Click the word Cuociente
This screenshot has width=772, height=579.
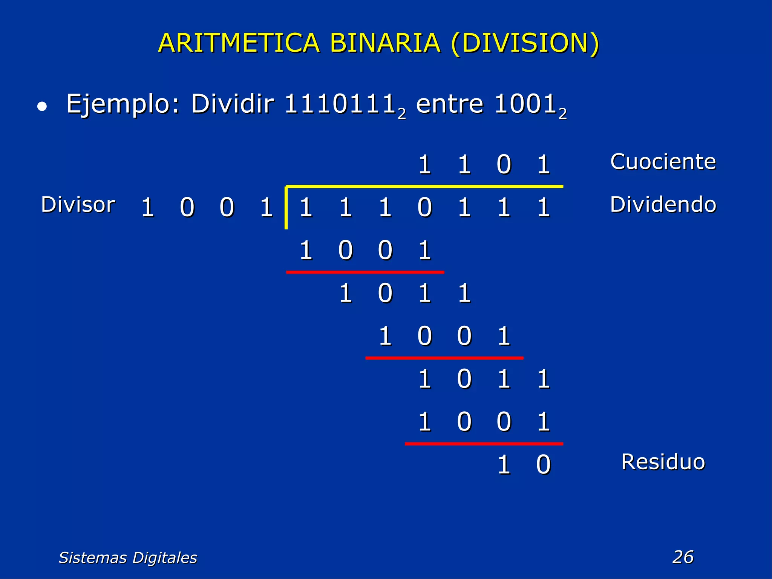[x=663, y=162]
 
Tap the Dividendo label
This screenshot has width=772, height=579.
[x=663, y=204]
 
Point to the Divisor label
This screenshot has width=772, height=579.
[x=78, y=204]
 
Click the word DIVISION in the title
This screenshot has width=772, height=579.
[x=525, y=43]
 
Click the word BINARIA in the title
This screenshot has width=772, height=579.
[x=385, y=43]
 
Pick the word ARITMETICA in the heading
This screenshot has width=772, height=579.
[x=239, y=43]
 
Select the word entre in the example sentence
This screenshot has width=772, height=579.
[x=449, y=104]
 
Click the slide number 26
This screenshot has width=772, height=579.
[x=683, y=557]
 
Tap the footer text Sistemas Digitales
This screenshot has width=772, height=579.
[x=128, y=558]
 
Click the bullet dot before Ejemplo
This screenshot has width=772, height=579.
[x=42, y=107]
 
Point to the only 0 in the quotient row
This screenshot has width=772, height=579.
[x=504, y=165]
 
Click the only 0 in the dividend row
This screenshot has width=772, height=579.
[x=424, y=208]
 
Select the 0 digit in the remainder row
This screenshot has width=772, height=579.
[x=543, y=464]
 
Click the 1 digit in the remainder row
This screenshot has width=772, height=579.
[x=504, y=464]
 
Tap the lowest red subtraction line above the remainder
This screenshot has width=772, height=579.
[x=484, y=444]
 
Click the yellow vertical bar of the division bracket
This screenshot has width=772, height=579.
[x=286, y=207]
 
